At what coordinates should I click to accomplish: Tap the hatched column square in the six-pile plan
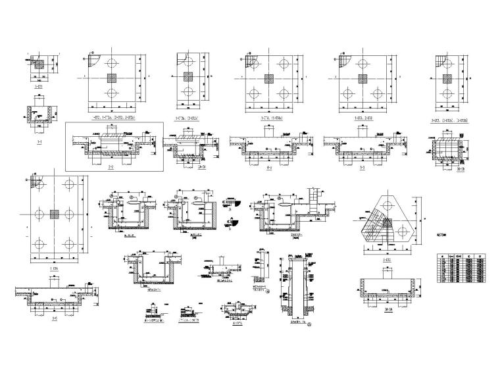point(54,214)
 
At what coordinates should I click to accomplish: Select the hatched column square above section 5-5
point(361,79)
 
